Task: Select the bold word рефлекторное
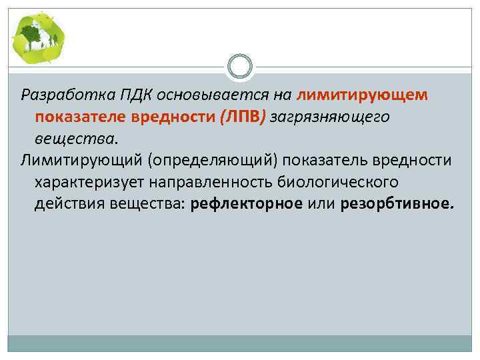pyautogui.click(x=247, y=203)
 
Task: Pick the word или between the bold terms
pyautogui.click(x=321, y=203)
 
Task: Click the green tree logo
pyautogui.click(x=38, y=37)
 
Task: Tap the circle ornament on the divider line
pyautogui.click(x=240, y=67)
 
